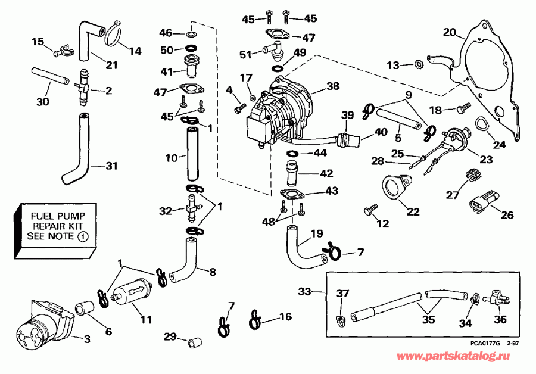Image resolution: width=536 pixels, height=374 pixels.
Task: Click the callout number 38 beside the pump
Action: (332, 86)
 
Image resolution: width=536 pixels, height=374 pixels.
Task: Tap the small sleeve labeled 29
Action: (194, 344)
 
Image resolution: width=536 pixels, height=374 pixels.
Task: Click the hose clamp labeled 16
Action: (255, 319)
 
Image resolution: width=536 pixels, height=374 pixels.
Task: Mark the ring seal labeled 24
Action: (480, 127)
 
